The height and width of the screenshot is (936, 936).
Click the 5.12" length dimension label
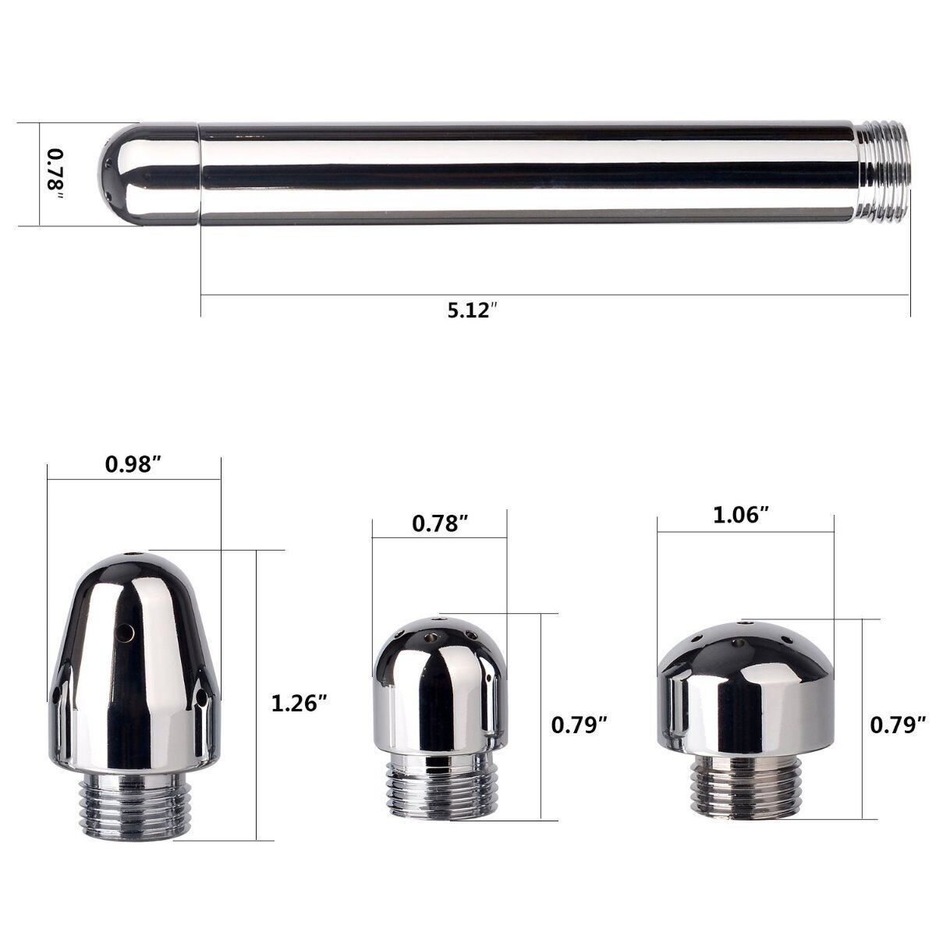tap(472, 310)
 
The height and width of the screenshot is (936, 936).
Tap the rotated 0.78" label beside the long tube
tap(55, 173)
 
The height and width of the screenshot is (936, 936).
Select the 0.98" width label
tap(133, 464)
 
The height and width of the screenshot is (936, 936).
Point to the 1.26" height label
tap(298, 703)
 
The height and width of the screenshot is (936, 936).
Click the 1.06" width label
tap(742, 516)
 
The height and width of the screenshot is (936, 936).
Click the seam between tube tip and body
tap(200, 173)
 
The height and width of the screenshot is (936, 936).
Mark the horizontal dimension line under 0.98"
tap(133, 478)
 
